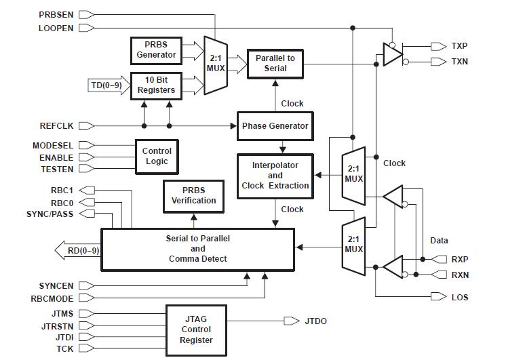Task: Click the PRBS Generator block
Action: pyautogui.click(x=157, y=49)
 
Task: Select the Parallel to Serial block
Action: pyautogui.click(x=275, y=64)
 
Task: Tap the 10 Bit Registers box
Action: pyautogui.click(x=157, y=85)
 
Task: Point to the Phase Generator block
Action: pyautogui.click(x=275, y=125)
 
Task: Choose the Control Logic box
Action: pyautogui.click(x=157, y=156)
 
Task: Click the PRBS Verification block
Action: pyautogui.click(x=193, y=196)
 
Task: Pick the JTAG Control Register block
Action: pyautogui.click(x=196, y=330)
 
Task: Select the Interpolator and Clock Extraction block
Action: pyautogui.click(x=275, y=176)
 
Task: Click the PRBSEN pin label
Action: pyautogui.click(x=57, y=14)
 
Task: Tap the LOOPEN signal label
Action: pyautogui.click(x=57, y=28)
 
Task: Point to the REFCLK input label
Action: pyautogui.click(x=57, y=126)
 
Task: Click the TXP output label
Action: pyautogui.click(x=459, y=46)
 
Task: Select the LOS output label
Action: pyautogui.click(x=460, y=297)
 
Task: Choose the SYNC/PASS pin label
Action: pyautogui.click(x=51, y=214)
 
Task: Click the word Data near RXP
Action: pyautogui.click(x=439, y=241)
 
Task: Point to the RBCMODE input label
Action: pyautogui.click(x=53, y=298)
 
